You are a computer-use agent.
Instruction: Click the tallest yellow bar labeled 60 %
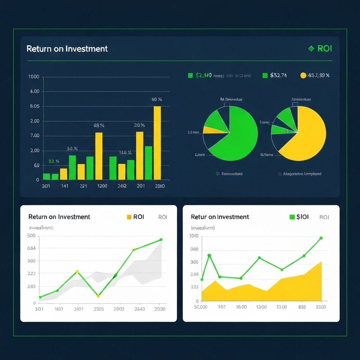pos(157,142)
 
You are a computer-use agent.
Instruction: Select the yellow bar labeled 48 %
pos(99,156)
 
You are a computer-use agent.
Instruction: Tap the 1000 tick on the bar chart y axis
pos(33,77)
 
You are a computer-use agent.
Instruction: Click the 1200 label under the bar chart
pos(102,186)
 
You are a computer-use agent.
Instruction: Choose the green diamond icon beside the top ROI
pos(311,49)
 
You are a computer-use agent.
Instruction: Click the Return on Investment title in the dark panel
pos(67,49)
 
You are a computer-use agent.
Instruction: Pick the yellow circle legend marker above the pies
pos(303,75)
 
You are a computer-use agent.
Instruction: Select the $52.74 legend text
pos(278,75)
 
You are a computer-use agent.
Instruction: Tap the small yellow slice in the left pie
pos(211,130)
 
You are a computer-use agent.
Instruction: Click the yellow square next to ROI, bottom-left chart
pos(129,217)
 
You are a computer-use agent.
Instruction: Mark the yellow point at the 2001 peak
pos(77,271)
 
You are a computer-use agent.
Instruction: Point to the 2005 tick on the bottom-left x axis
pos(99,309)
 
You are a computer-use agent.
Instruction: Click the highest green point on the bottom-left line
pos(161,239)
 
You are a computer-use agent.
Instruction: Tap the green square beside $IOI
pos(292,217)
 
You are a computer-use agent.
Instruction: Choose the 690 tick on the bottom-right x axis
pos(302,307)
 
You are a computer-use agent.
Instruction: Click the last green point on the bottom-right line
pos(321,238)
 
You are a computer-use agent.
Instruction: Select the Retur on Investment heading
pos(220,217)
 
